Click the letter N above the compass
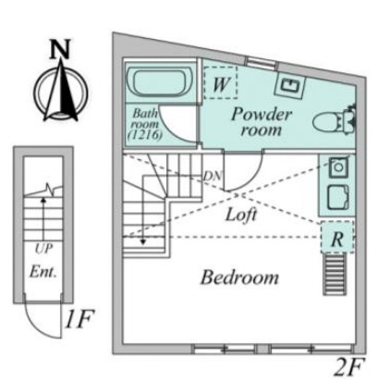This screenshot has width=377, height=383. pyautogui.click(x=61, y=49)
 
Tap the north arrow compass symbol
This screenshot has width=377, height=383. pyautogui.click(x=61, y=92)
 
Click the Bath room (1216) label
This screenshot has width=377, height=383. pyautogui.click(x=145, y=124)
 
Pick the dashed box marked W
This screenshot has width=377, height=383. pyautogui.click(x=221, y=82)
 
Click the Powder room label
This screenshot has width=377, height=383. pyautogui.click(x=261, y=122)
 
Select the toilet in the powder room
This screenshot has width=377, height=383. pyautogui.click(x=334, y=120)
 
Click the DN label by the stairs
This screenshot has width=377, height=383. pyautogui.click(x=213, y=176)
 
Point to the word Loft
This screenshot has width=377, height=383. pyautogui.click(x=241, y=215)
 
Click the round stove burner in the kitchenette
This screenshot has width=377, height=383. pyautogui.click(x=338, y=167)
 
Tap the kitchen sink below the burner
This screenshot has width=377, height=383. pyautogui.click(x=339, y=198)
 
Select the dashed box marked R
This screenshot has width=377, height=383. pyautogui.click(x=337, y=237)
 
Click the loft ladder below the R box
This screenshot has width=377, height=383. pyautogui.click(x=334, y=274)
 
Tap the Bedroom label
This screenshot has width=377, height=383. pyautogui.click(x=239, y=278)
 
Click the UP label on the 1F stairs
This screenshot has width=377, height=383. pyautogui.click(x=43, y=249)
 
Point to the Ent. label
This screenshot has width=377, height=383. pyautogui.click(x=43, y=272)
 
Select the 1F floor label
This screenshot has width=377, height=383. pyautogui.click(x=79, y=319)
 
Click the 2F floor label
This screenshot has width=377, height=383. pyautogui.click(x=349, y=366)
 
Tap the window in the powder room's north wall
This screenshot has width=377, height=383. pyautogui.click(x=261, y=62)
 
